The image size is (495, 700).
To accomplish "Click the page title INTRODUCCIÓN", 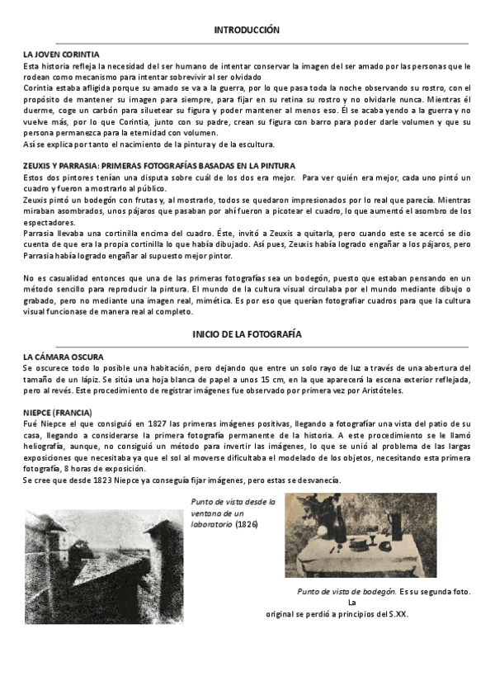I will point(247,30).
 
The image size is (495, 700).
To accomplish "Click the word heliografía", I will point(47,445).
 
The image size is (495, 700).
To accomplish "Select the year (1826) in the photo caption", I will point(249,523).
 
